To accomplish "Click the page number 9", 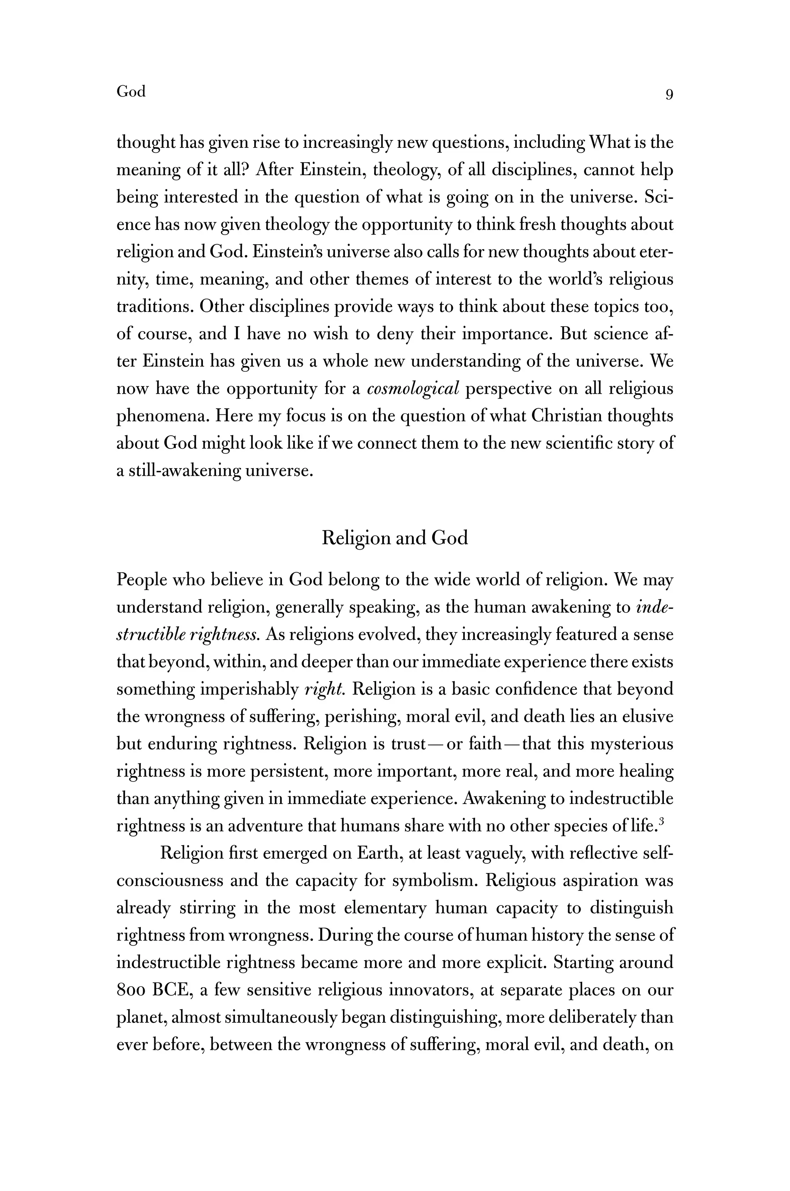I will click(x=669, y=94).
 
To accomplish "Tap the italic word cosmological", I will click(x=413, y=389).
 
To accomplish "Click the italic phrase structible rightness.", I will click(x=188, y=634).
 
